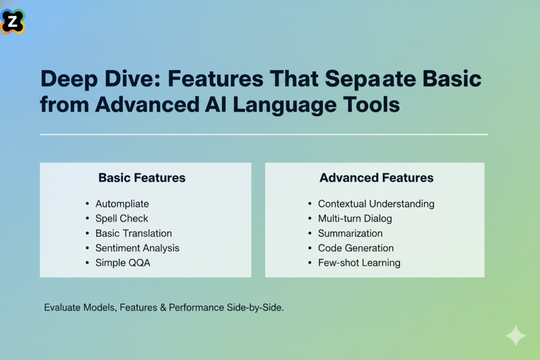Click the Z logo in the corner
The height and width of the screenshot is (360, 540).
pos(13,21)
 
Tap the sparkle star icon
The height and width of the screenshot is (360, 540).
pos(515,336)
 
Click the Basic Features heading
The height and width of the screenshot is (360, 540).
pos(142,178)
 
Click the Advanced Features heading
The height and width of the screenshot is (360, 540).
pos(377,178)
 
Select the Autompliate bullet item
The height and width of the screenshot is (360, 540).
pos(122,203)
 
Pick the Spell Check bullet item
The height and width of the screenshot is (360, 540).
pos(122,218)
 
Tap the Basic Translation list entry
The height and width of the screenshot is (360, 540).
pos(133,233)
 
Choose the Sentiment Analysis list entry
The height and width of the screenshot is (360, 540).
pos(137,248)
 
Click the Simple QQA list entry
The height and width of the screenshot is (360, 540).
pos(122,262)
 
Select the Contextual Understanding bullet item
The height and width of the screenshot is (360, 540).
pos(376,203)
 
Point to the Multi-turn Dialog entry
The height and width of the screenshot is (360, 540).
pos(355,218)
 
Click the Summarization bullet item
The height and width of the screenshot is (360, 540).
pos(350,233)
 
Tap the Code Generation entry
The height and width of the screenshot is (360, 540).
pos(355,248)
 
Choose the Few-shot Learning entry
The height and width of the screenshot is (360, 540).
pos(359,262)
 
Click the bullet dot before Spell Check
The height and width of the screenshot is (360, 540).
pos(86,219)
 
